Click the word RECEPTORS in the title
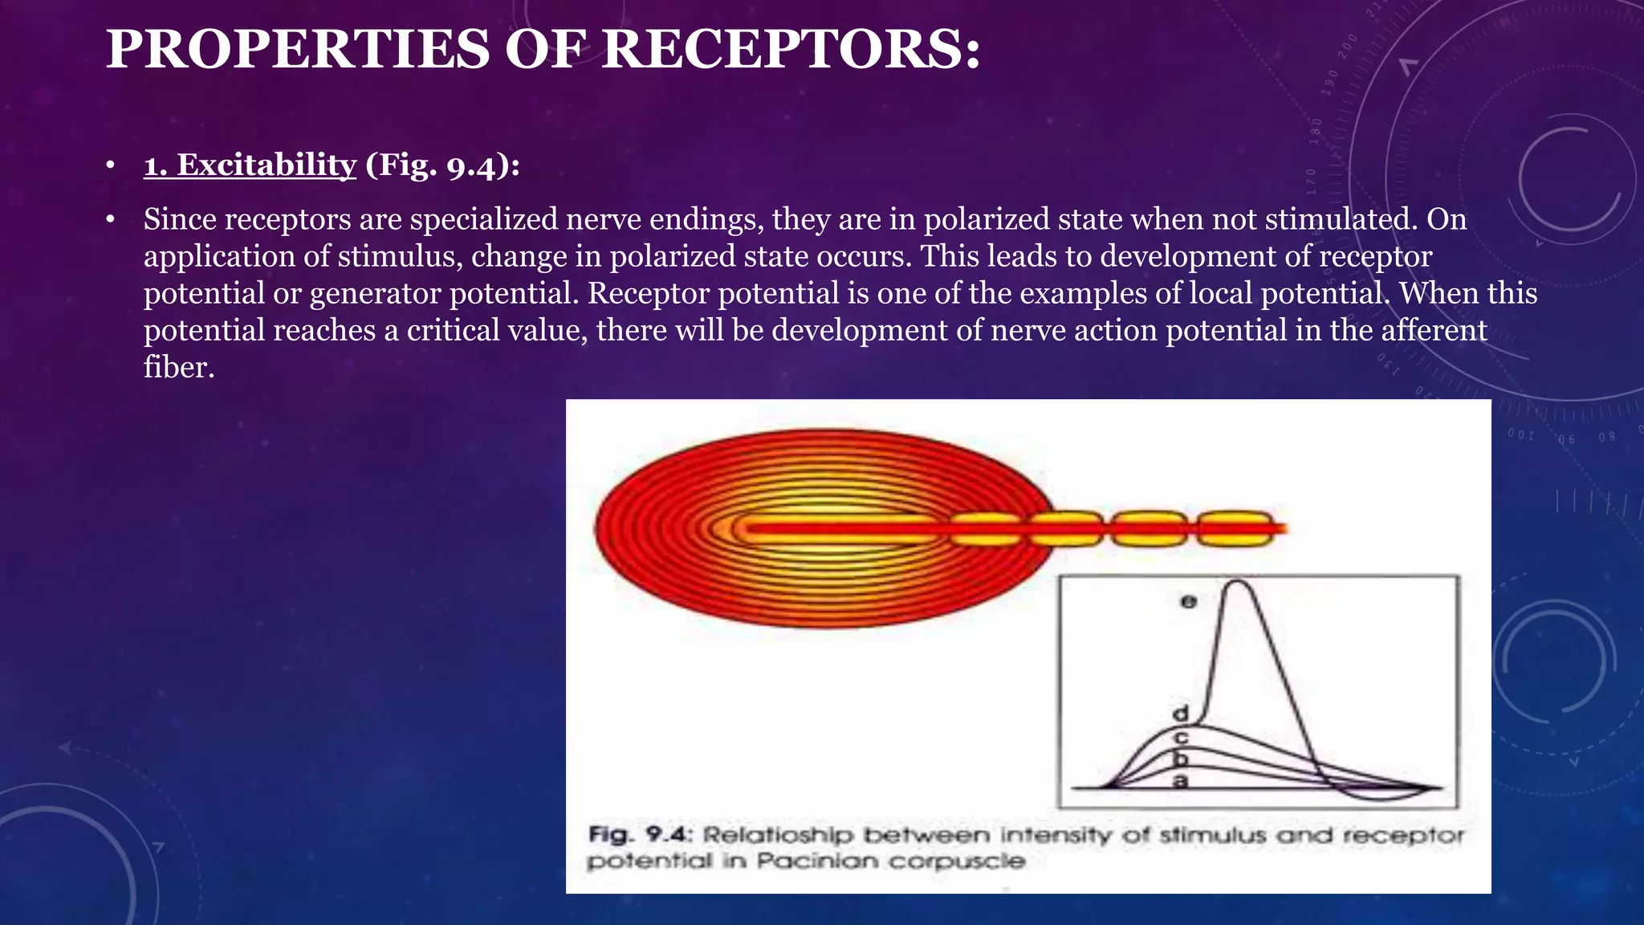tap(791, 50)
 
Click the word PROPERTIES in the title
tap(297, 50)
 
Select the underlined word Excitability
tap(250, 165)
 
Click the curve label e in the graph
tap(1189, 601)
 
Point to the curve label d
tap(1181, 713)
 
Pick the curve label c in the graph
tap(1181, 736)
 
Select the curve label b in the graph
tap(1181, 758)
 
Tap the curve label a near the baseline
tap(1180, 780)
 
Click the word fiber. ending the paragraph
tap(179, 367)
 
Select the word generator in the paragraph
tap(375, 293)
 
